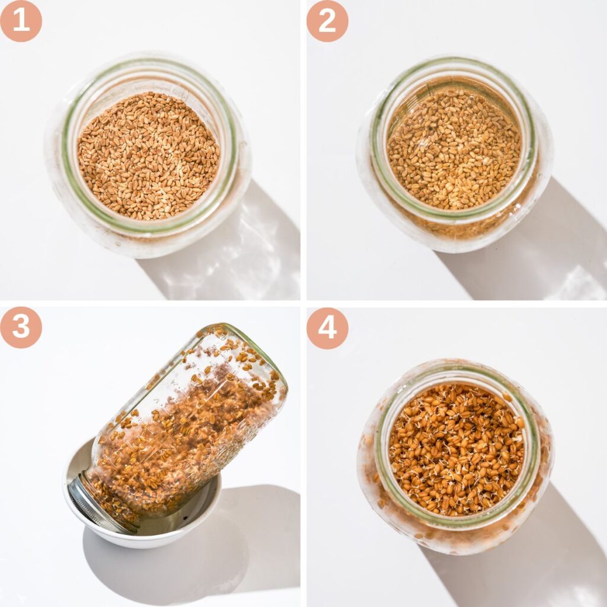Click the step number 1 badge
click(x=21, y=21)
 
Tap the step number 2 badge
click(x=327, y=21)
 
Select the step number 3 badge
click(x=21, y=327)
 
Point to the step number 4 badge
click(x=327, y=327)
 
